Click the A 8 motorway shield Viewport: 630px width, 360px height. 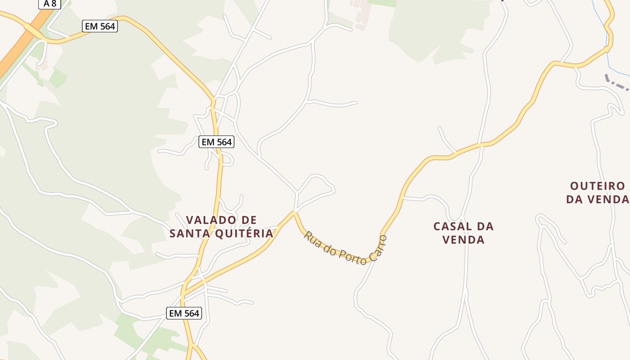point(49,3)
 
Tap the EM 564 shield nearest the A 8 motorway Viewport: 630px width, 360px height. point(100,27)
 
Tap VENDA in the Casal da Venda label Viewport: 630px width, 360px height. point(463,240)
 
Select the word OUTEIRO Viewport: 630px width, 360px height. point(598,186)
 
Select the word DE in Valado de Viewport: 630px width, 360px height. point(247,220)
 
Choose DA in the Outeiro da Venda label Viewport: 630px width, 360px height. point(574,199)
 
